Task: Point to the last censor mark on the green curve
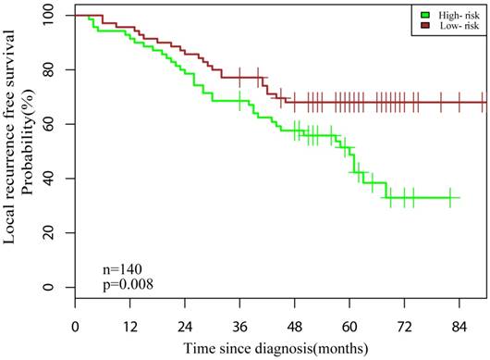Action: tap(449, 197)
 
